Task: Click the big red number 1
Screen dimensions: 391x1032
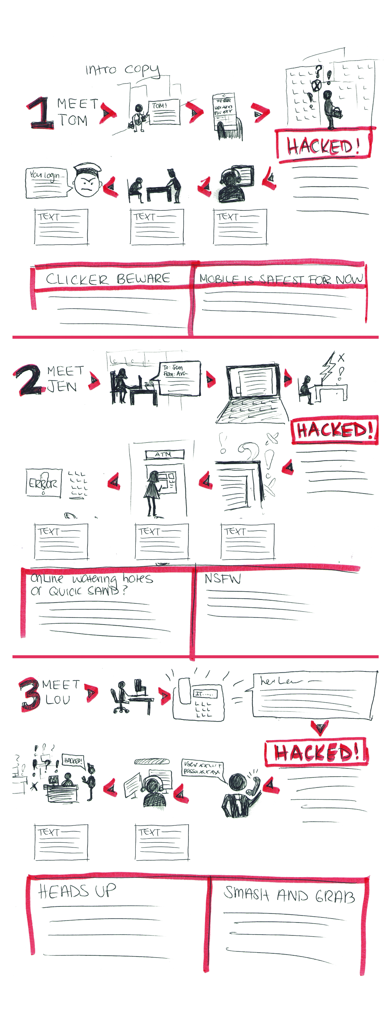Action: tap(40, 113)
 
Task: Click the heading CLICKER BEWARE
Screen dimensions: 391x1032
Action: tap(108, 279)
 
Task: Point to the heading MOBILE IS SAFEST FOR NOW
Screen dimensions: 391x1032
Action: tap(280, 279)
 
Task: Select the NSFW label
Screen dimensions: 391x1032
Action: tap(222, 579)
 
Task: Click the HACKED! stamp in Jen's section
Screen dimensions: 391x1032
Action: tap(334, 430)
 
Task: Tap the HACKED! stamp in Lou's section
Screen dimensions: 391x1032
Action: tap(316, 752)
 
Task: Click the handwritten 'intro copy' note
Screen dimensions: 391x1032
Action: tap(122, 70)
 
